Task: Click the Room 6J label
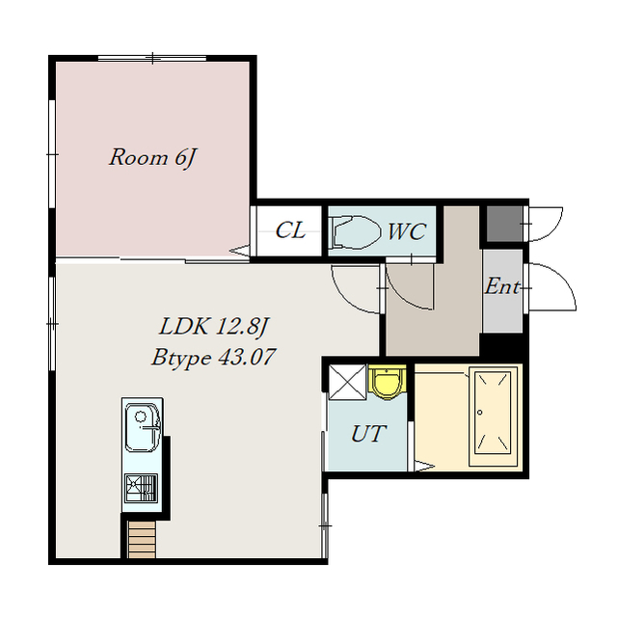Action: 152,158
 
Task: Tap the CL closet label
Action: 290,230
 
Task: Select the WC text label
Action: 407,231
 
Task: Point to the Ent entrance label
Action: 502,286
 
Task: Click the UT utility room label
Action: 368,434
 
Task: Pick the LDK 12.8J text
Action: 213,327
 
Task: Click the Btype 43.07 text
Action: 213,358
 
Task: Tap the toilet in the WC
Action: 356,231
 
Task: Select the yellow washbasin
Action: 388,381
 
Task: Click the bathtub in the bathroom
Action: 493,417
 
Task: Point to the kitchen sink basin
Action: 143,427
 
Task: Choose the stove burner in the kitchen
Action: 141,488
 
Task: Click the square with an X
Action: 347,382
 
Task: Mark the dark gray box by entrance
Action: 505,224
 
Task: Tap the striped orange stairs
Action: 142,539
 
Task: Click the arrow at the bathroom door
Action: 425,466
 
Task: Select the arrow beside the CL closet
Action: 240,250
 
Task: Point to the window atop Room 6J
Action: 152,58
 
